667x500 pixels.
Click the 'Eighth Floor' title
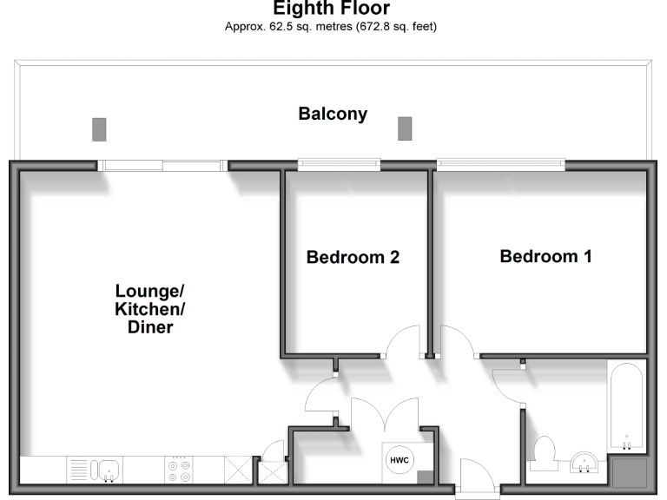coord(333,10)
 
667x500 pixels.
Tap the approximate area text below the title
coord(333,27)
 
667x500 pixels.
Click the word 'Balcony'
coord(333,114)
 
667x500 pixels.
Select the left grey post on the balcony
coord(98,129)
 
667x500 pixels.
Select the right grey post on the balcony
coord(404,128)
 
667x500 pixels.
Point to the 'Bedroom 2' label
coord(353,258)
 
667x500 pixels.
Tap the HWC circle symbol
coord(399,459)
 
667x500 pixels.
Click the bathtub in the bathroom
coord(626,405)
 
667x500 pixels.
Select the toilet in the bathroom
coord(544,454)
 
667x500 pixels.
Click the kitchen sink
coord(103,470)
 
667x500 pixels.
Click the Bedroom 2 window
coord(339,163)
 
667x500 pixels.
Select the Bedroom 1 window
coord(500,163)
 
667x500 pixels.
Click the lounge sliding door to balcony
coord(162,164)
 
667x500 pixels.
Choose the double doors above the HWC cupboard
coord(385,413)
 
